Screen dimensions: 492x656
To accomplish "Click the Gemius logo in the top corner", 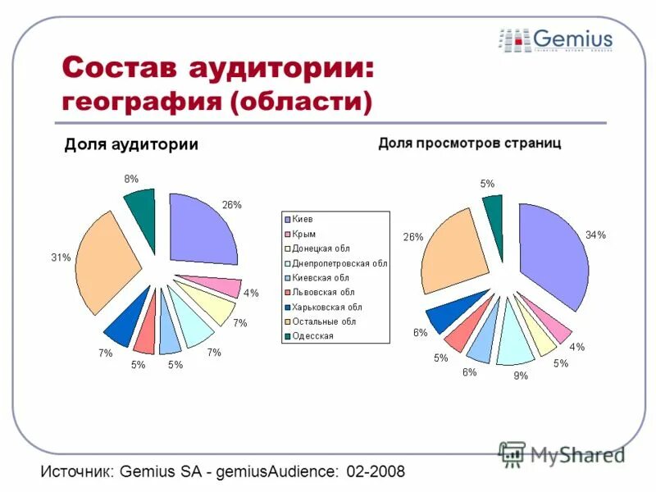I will click(x=555, y=39).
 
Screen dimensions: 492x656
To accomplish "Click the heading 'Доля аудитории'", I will click(x=131, y=144).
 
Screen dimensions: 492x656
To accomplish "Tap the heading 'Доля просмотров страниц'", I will click(x=469, y=143).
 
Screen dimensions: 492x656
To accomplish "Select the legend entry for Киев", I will click(x=303, y=219).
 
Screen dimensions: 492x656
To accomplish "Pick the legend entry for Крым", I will click(x=304, y=234).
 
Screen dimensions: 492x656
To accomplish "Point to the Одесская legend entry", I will click(x=312, y=335).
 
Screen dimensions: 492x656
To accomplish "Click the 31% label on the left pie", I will click(x=61, y=257).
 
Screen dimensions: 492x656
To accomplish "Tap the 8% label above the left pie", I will click(x=130, y=178).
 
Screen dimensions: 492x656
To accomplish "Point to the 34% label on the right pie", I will click(x=595, y=235).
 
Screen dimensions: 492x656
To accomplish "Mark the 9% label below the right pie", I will click(x=521, y=376).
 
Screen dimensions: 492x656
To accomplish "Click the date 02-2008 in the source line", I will click(x=376, y=472).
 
